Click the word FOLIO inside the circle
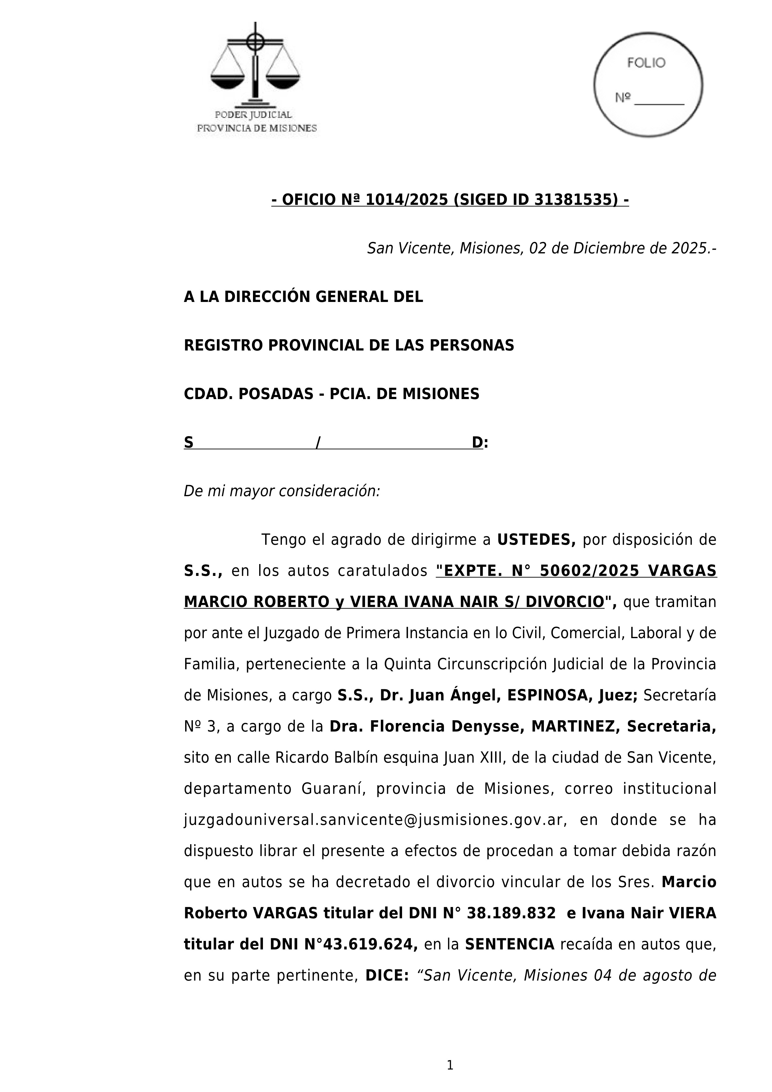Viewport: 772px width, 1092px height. point(646,63)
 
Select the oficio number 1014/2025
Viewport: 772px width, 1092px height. point(406,200)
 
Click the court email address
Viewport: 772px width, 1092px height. point(374,820)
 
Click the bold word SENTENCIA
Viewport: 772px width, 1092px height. point(510,944)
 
